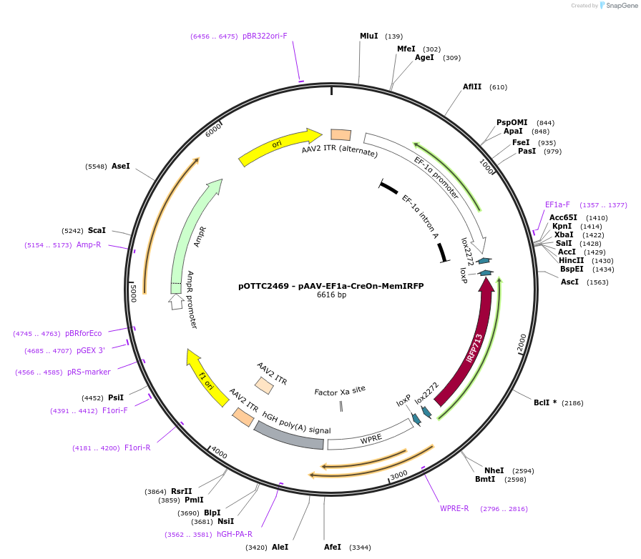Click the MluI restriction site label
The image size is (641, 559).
point(368,36)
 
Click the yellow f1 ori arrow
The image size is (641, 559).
point(207,378)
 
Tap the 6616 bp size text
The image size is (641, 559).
point(331,295)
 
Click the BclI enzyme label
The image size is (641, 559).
point(542,402)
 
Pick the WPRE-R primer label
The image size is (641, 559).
point(454,508)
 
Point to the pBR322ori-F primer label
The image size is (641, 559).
point(265,36)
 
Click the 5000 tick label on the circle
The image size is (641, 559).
point(133,293)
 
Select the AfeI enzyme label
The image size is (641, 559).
point(333,547)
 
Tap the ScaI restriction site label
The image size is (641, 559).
point(97,230)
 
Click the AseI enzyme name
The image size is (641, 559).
point(121,166)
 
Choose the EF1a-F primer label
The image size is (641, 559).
point(557,204)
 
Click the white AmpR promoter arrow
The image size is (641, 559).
point(176,302)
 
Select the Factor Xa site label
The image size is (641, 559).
point(340,391)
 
